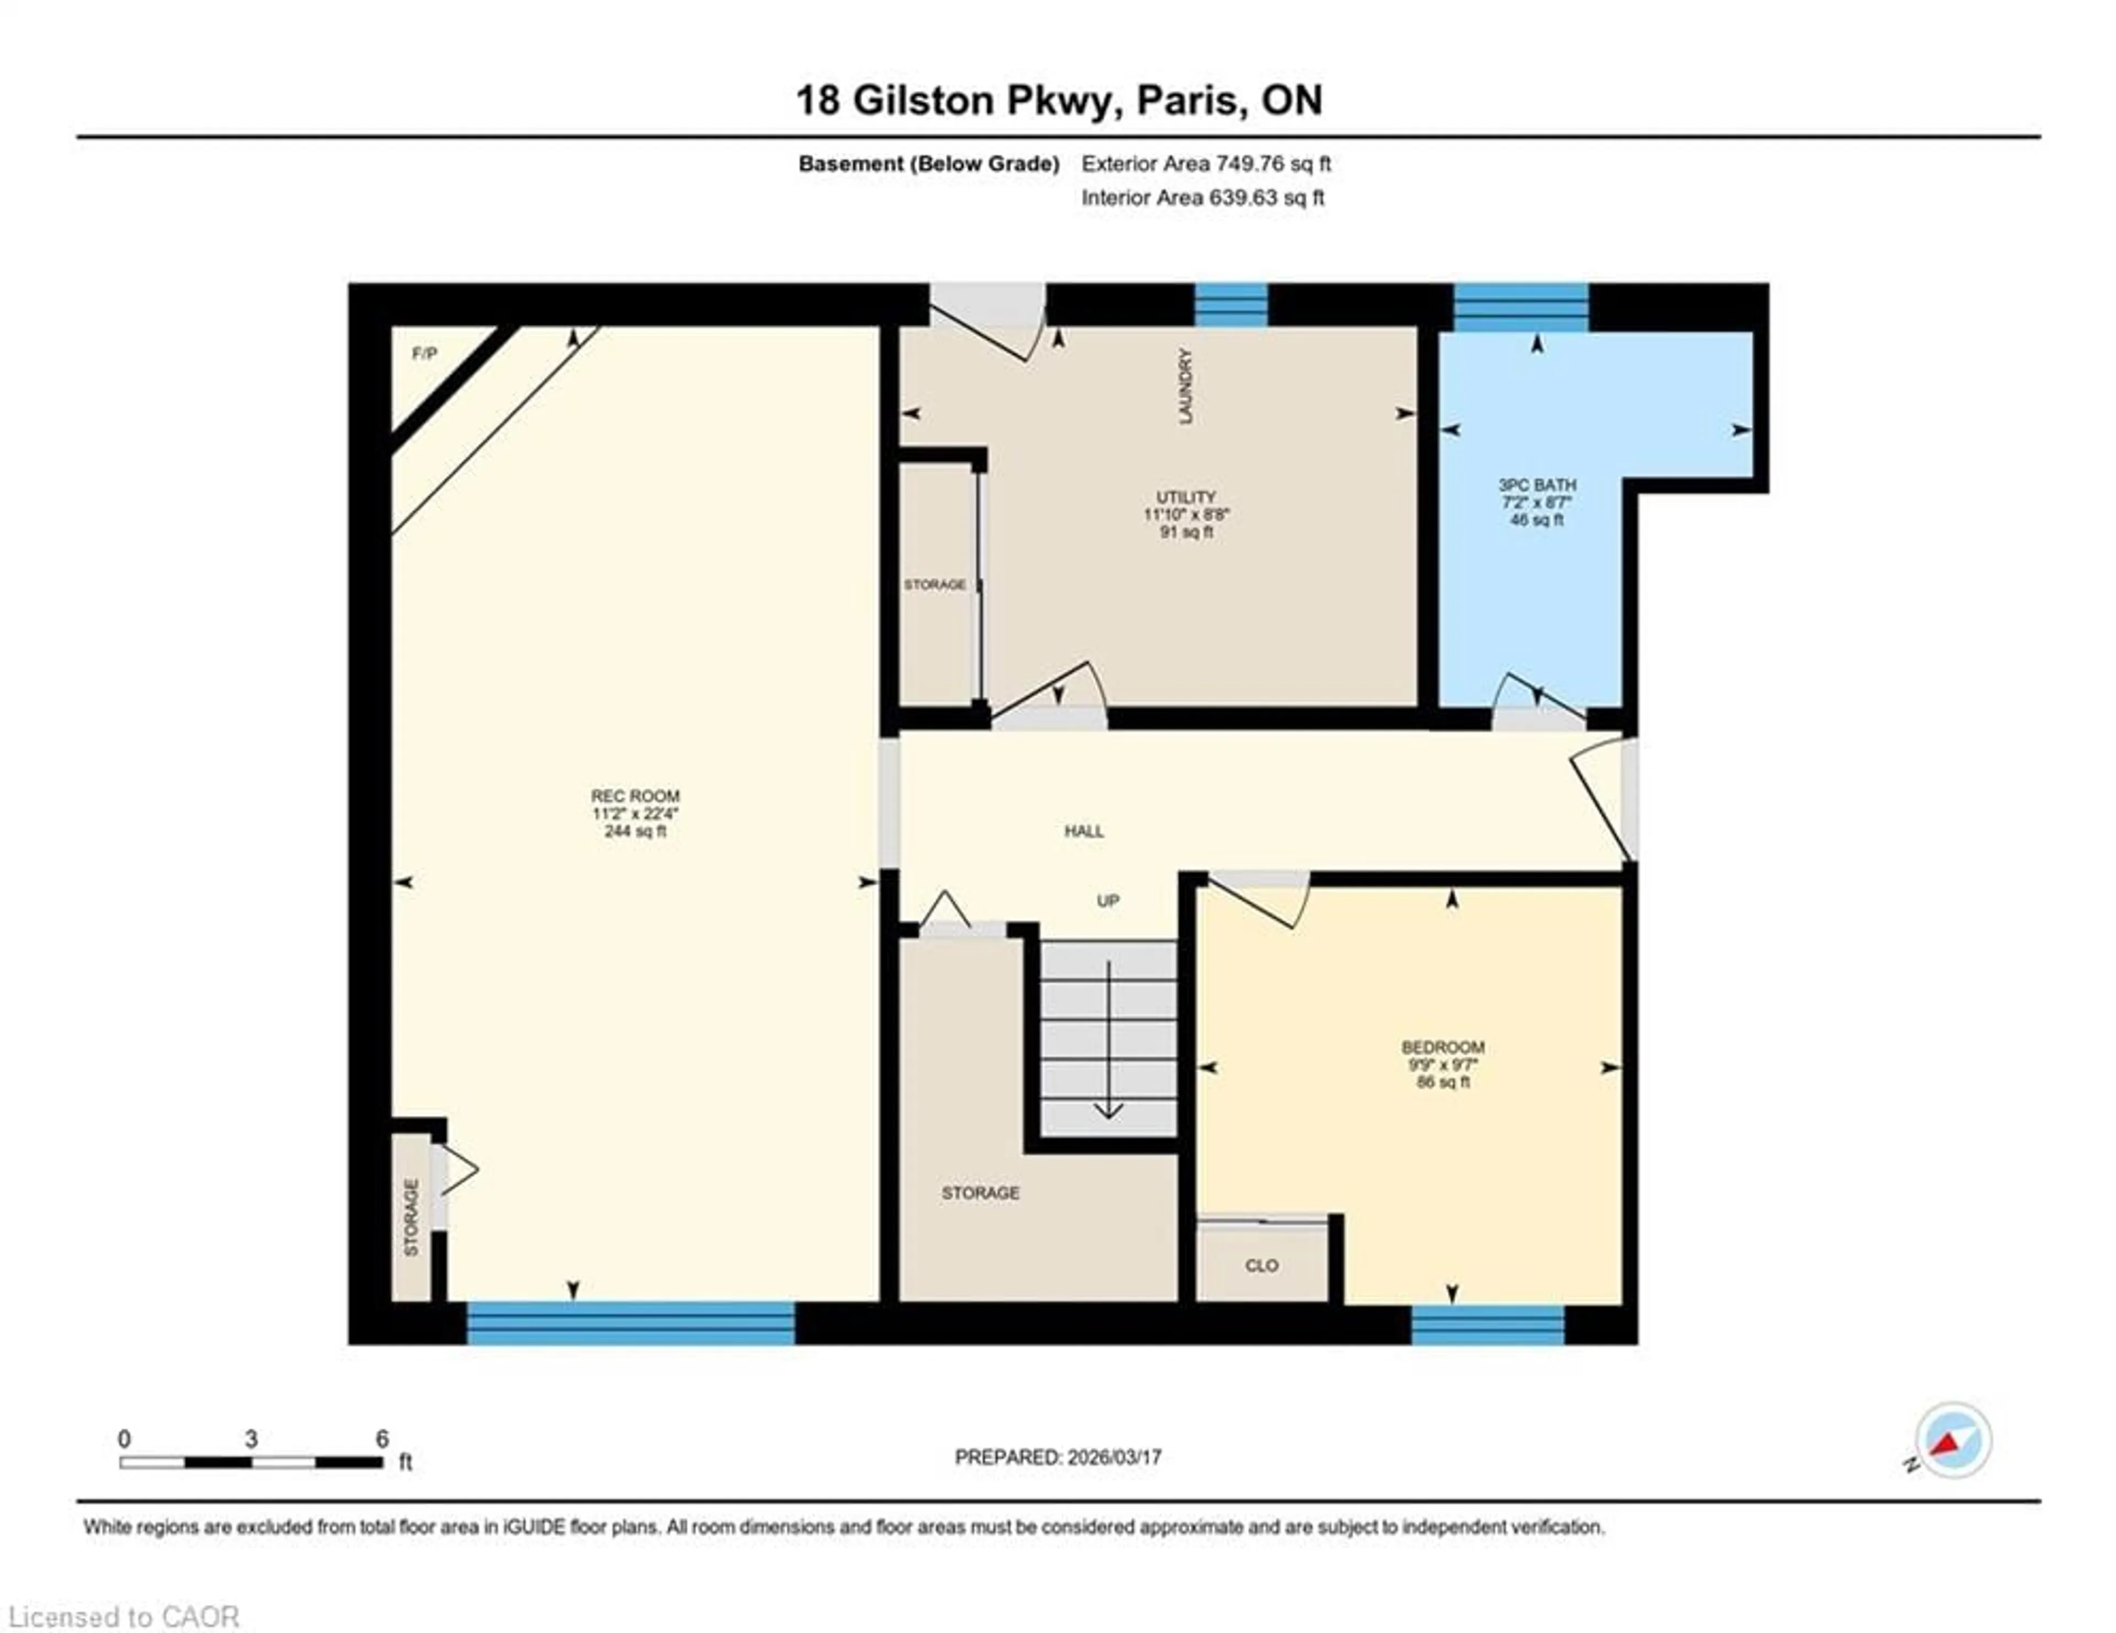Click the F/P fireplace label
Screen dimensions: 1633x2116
tap(424, 354)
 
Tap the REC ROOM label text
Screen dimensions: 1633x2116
tap(635, 796)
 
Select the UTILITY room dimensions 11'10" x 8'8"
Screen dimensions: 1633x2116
tap(1186, 515)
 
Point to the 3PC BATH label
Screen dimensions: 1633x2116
tap(1537, 484)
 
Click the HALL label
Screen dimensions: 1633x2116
tap(1083, 831)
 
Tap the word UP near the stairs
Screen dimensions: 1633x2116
tap(1108, 901)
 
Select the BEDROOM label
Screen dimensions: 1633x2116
tap(1443, 1047)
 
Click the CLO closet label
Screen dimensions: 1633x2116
tap(1261, 1266)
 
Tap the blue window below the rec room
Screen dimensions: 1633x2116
tap(631, 1322)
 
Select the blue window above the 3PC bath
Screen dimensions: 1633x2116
tap(1521, 306)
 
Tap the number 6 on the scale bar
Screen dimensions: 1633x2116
tap(382, 1439)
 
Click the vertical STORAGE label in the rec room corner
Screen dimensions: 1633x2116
tap(411, 1218)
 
